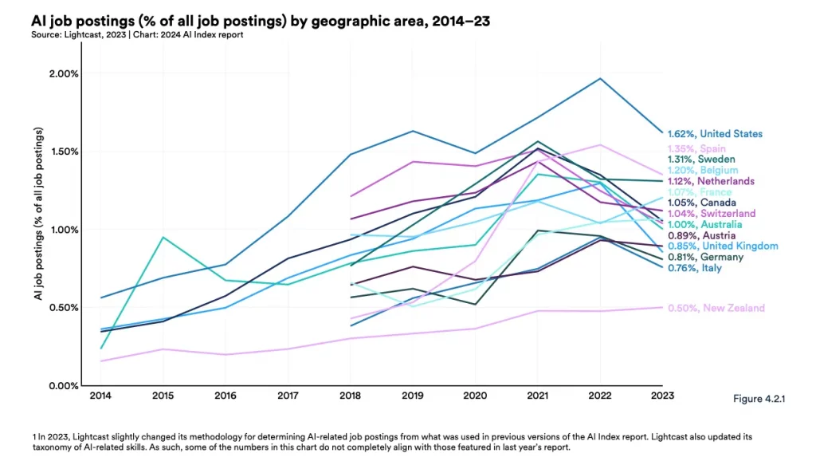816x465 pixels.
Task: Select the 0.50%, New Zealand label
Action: [x=716, y=308]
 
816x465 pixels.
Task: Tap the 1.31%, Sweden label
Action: [x=701, y=159]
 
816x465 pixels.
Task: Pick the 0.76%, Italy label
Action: [x=695, y=268]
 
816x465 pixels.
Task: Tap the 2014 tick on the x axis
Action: [x=100, y=395]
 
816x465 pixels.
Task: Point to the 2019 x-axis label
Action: [x=412, y=395]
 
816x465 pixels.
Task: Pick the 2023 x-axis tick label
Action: [x=662, y=395]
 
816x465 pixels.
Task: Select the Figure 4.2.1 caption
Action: [x=758, y=399]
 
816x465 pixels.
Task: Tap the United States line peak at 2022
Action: [x=600, y=78]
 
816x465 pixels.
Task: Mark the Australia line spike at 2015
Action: [x=163, y=237]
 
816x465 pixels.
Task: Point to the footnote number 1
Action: [x=35, y=437]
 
